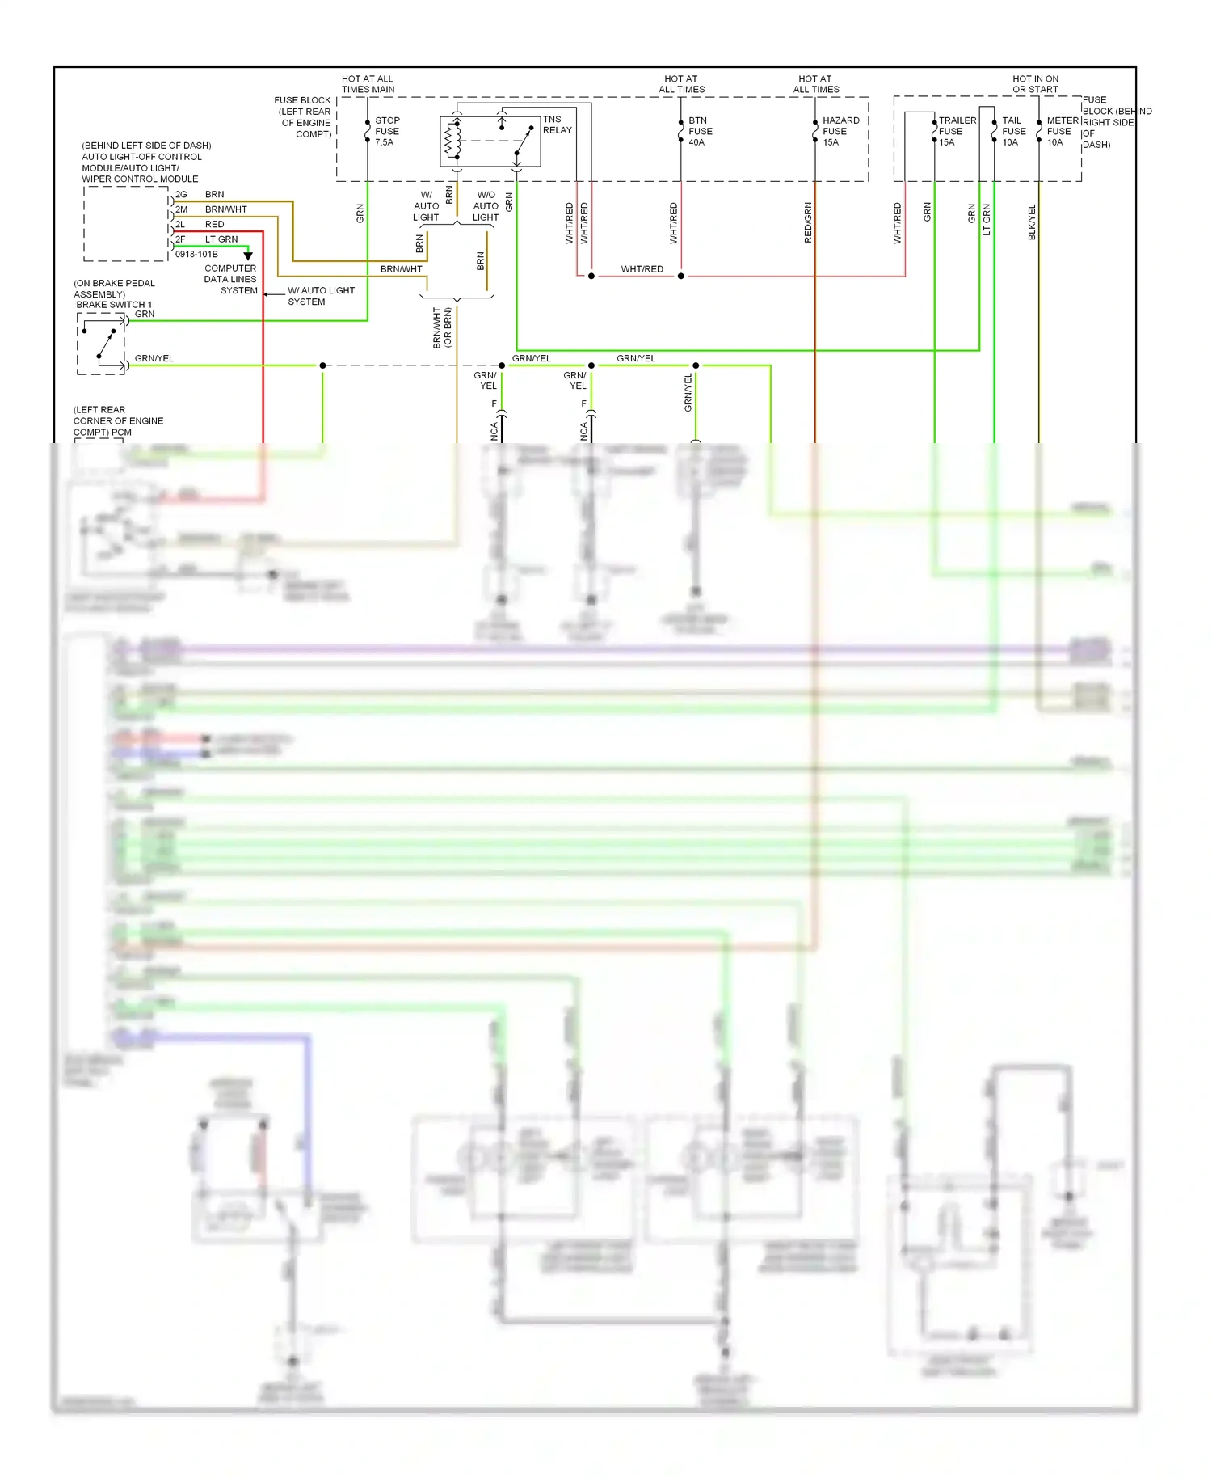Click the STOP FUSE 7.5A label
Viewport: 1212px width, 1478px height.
click(386, 131)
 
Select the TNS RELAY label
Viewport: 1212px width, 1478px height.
click(557, 125)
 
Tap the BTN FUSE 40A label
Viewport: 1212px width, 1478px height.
click(700, 131)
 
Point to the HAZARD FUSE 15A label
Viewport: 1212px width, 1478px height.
click(840, 131)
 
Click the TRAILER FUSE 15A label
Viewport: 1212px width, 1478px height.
click(957, 131)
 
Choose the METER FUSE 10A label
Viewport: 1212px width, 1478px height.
click(1062, 131)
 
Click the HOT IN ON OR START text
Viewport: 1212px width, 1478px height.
click(1035, 84)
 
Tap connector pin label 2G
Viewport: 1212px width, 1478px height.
click(181, 195)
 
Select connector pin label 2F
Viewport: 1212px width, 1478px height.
click(181, 239)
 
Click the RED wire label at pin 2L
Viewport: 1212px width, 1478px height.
click(215, 225)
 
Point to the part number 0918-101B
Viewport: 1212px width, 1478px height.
click(196, 254)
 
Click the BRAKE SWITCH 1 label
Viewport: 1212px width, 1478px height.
click(114, 305)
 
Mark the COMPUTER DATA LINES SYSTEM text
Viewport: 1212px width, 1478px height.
click(230, 279)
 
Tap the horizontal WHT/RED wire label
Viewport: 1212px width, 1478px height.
click(642, 269)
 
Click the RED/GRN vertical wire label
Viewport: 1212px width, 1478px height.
click(808, 222)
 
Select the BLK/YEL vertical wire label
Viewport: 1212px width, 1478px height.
click(1032, 222)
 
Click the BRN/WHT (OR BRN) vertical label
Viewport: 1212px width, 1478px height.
click(442, 327)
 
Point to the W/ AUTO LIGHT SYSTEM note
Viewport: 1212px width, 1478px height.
click(321, 296)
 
